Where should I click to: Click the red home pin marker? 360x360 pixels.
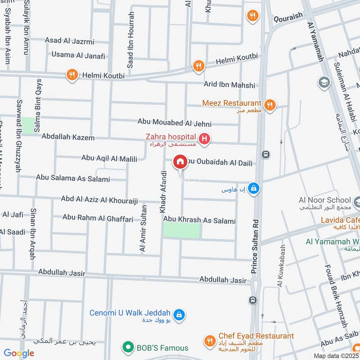[180, 162]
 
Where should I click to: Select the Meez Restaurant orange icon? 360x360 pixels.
[270, 105]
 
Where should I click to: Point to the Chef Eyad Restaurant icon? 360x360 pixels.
[209, 341]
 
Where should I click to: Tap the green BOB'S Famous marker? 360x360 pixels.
[128, 347]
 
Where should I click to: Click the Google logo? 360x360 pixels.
[19, 353]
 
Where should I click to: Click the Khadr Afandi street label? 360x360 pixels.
[163, 192]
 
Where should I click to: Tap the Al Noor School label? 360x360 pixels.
[324, 200]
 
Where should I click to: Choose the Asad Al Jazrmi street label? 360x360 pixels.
[69, 41]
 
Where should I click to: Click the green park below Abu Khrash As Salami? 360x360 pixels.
[181, 231]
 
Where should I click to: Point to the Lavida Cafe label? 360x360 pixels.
[340, 220]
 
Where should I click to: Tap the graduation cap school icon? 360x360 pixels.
[323, 83]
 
